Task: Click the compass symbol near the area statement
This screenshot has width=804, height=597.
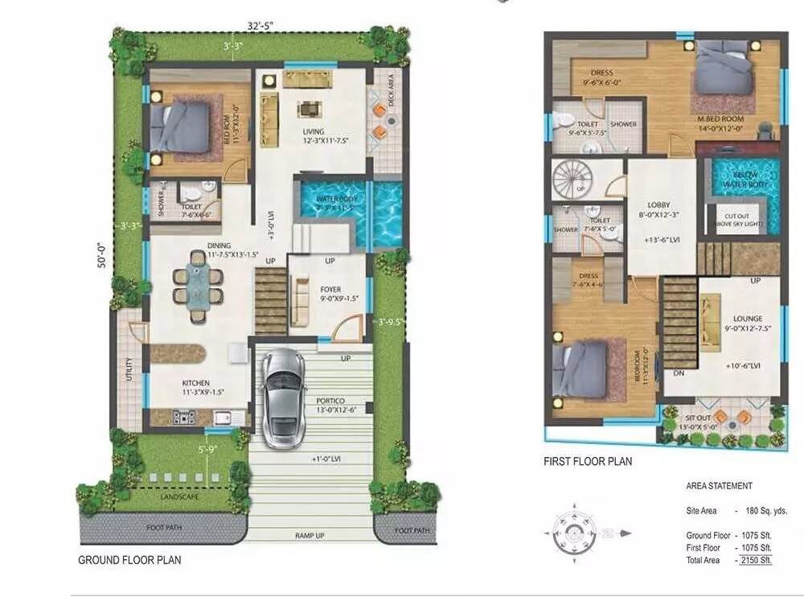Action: click(574, 532)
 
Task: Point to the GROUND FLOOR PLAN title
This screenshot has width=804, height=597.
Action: click(129, 560)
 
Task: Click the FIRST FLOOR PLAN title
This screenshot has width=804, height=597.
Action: click(588, 461)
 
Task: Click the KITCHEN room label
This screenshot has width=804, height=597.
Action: click(196, 383)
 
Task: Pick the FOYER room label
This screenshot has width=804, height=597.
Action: click(330, 290)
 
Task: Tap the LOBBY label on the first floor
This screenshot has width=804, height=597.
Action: click(658, 205)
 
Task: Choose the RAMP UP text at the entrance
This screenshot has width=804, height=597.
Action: click(310, 534)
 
